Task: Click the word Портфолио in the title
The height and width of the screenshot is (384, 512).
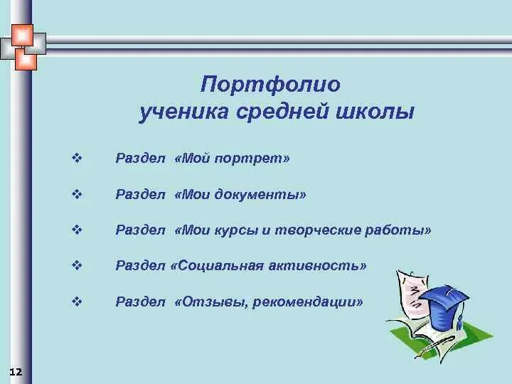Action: pyautogui.click(x=271, y=84)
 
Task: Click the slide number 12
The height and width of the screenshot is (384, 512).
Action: pyautogui.click(x=16, y=372)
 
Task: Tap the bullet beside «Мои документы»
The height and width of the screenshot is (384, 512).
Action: pyautogui.click(x=78, y=193)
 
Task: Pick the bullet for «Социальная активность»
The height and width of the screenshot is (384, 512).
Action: pyautogui.click(x=78, y=265)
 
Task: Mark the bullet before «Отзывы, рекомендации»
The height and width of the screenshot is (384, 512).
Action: pyautogui.click(x=78, y=302)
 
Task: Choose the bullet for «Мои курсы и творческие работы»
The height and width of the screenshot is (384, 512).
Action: pyautogui.click(x=78, y=230)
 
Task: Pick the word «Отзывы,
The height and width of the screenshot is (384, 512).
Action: pyautogui.click(x=208, y=302)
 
